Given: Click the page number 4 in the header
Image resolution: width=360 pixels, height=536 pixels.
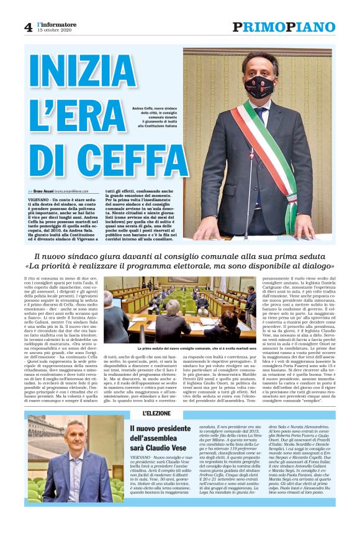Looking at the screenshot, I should coord(28,27).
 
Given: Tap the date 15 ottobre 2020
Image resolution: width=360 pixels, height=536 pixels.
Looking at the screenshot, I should coord(55,30).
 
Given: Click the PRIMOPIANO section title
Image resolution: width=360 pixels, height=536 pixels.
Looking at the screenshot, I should coord(284,27).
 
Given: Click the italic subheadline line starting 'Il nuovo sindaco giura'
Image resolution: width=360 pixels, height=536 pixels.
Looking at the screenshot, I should coord(179,257).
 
